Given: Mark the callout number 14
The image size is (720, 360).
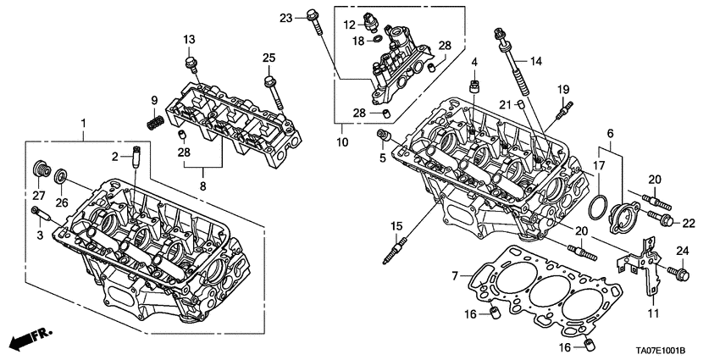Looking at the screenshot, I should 534,61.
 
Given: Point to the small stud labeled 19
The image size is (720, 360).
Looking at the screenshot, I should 561,108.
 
